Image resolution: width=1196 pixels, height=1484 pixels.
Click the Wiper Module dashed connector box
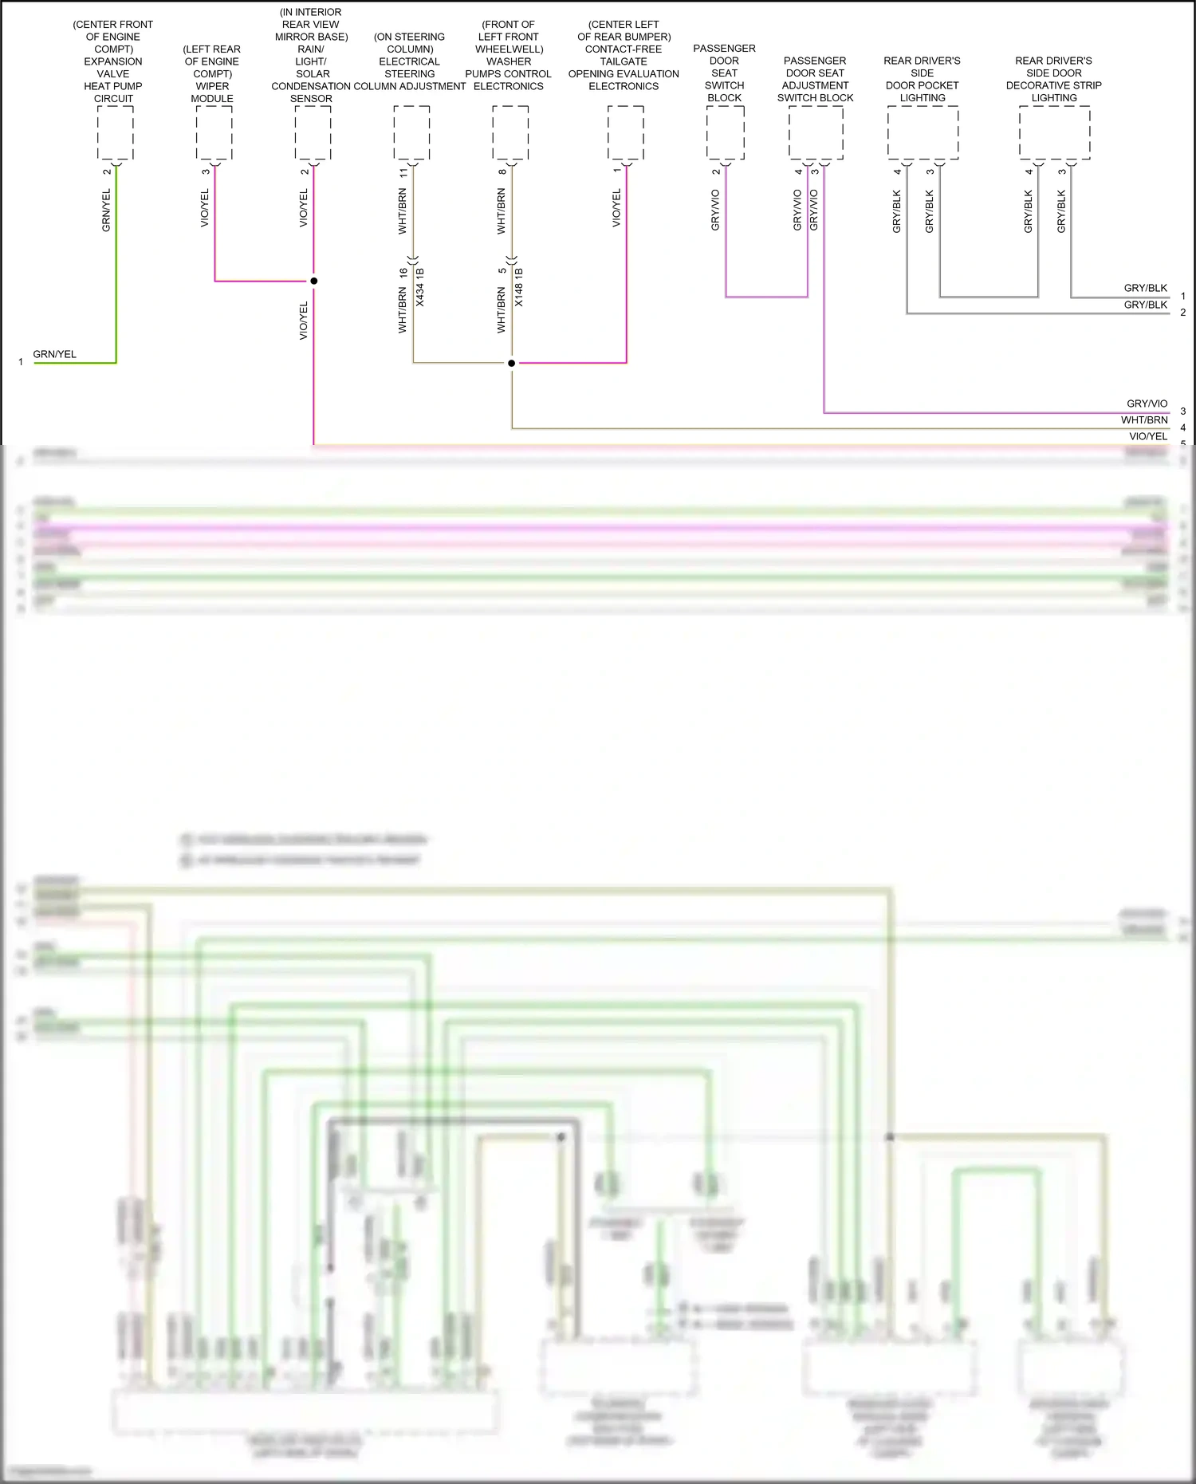[214, 133]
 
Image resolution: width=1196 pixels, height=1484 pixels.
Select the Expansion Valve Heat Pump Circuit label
[113, 61]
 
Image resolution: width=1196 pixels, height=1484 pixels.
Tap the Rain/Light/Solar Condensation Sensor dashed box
[313, 133]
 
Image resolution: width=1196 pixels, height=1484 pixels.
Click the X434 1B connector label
[420, 287]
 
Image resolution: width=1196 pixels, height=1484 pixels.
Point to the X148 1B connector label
[519, 287]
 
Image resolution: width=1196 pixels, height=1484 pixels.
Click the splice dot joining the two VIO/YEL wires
[313, 281]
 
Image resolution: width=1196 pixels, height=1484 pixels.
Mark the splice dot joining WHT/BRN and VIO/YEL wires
[511, 363]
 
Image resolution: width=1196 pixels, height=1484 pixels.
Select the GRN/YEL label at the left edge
[54, 354]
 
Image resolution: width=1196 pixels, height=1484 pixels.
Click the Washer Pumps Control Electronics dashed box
[510, 133]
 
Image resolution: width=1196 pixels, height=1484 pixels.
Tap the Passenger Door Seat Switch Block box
[725, 132]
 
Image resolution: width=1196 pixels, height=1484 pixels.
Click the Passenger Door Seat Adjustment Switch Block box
[816, 132]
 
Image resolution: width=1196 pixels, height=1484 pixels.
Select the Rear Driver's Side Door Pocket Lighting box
[923, 132]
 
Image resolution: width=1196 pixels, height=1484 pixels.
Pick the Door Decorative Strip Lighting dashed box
[1054, 132]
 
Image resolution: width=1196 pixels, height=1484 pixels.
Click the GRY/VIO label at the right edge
[1147, 403]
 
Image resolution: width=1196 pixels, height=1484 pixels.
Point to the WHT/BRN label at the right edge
[1144, 420]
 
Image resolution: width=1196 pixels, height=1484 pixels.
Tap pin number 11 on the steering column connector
[403, 172]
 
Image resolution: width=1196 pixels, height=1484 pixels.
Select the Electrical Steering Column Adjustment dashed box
[411, 133]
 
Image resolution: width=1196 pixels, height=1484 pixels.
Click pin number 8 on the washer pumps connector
[502, 172]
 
